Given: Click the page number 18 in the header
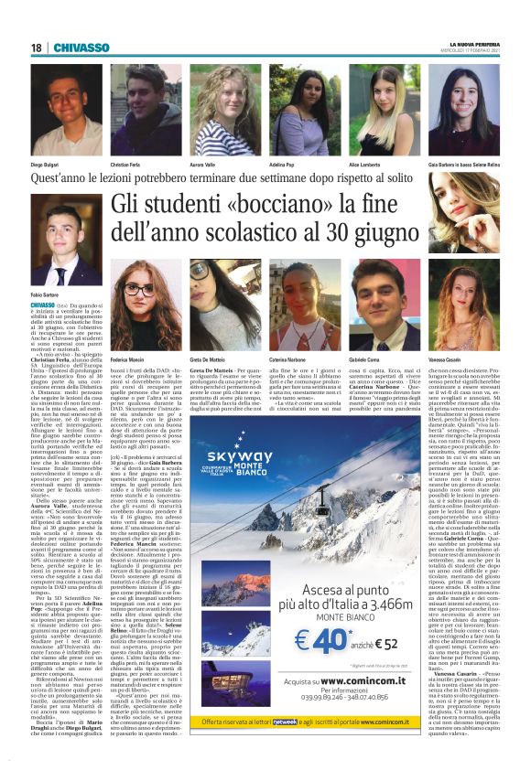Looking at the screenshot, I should [x=37, y=48].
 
